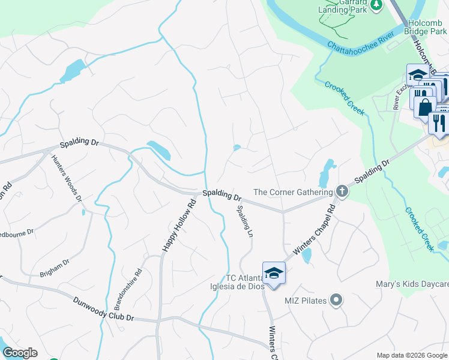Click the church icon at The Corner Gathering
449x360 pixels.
(x=342, y=191)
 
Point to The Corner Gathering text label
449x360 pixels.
(x=293, y=192)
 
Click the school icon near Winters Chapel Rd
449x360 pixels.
(x=274, y=274)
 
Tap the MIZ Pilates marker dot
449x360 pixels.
(x=337, y=299)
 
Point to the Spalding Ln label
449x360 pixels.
(x=244, y=221)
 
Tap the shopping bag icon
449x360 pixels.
(x=425, y=107)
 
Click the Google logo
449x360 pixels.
(x=20, y=353)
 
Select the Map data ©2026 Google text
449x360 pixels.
(x=411, y=355)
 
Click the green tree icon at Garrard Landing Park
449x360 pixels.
(x=376, y=5)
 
